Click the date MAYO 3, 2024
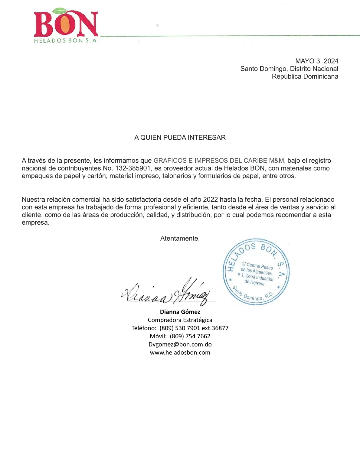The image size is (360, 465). click(316, 61)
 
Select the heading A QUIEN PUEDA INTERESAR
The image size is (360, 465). click(180, 138)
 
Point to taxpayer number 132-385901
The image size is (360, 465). click(133, 168)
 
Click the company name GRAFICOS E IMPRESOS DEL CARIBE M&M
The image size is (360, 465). click(219, 161)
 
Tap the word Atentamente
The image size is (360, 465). click(180, 239)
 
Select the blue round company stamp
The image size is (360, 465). click(256, 272)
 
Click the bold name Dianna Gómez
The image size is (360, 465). click(180, 312)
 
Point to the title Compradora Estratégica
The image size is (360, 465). click(180, 320)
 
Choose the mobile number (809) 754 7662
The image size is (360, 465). click(190, 336)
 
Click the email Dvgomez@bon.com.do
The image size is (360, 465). click(180, 344)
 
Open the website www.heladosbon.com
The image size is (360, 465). click(180, 353)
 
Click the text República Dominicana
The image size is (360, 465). click(305, 76)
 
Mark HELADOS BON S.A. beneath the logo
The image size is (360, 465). click(66, 41)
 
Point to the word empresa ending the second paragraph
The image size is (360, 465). click(35, 223)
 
